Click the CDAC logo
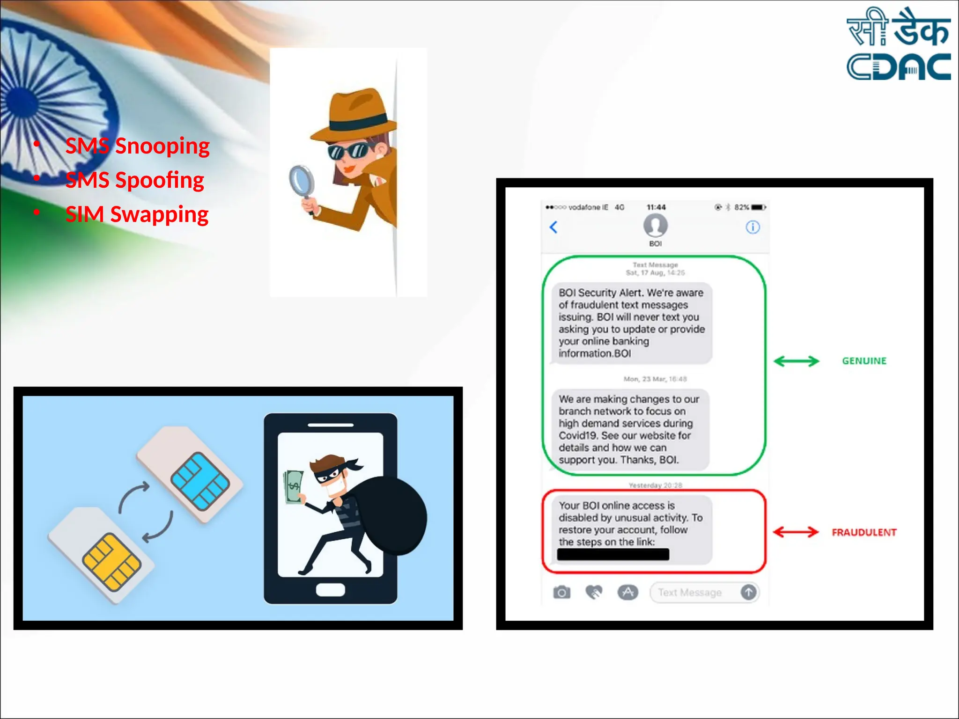898,44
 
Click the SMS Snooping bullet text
137,146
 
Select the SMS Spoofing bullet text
134,180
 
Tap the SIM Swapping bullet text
137,214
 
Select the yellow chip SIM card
101,555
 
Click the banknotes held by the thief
294,487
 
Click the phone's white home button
330,589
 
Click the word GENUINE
864,361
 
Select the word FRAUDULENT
864,532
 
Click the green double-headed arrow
796,361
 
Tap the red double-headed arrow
796,532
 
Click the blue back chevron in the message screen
553,227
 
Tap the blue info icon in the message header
752,227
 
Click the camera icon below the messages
561,592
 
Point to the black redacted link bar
613,555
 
